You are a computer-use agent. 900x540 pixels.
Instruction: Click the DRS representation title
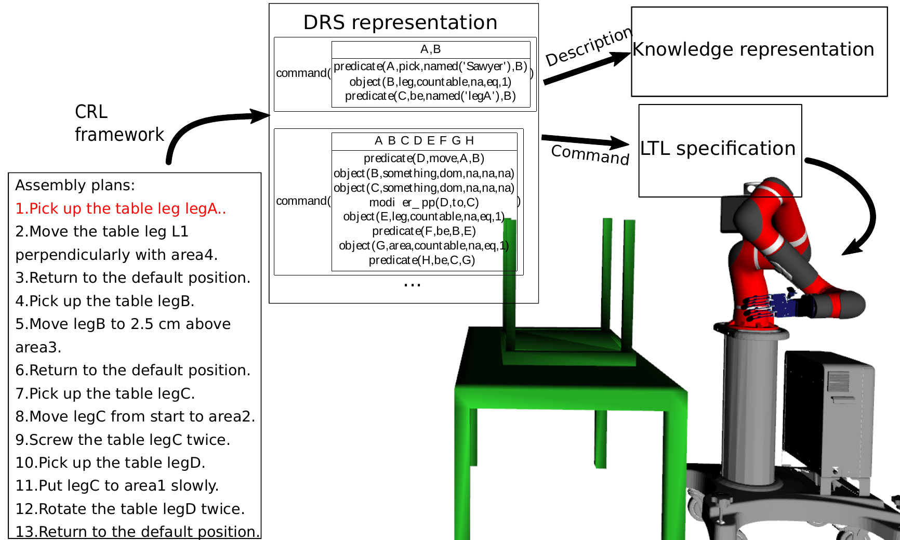click(400, 22)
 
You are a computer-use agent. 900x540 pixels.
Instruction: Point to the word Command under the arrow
click(590, 154)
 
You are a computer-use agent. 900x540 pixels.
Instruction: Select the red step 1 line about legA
click(121, 208)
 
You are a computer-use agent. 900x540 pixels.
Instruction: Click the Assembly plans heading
click(75, 185)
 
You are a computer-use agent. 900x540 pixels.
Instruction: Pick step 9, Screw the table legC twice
click(123, 440)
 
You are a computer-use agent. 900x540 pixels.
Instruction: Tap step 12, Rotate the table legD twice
click(130, 509)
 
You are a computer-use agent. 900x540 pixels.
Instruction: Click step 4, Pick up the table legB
click(104, 301)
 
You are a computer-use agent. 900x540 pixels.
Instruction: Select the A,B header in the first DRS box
click(430, 49)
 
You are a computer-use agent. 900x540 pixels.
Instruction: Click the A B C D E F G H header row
click(424, 141)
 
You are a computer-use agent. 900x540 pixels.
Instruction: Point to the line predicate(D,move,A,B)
click(424, 158)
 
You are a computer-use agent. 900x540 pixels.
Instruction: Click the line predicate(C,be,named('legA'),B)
click(430, 96)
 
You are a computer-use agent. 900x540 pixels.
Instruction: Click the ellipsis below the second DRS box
click(412, 285)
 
